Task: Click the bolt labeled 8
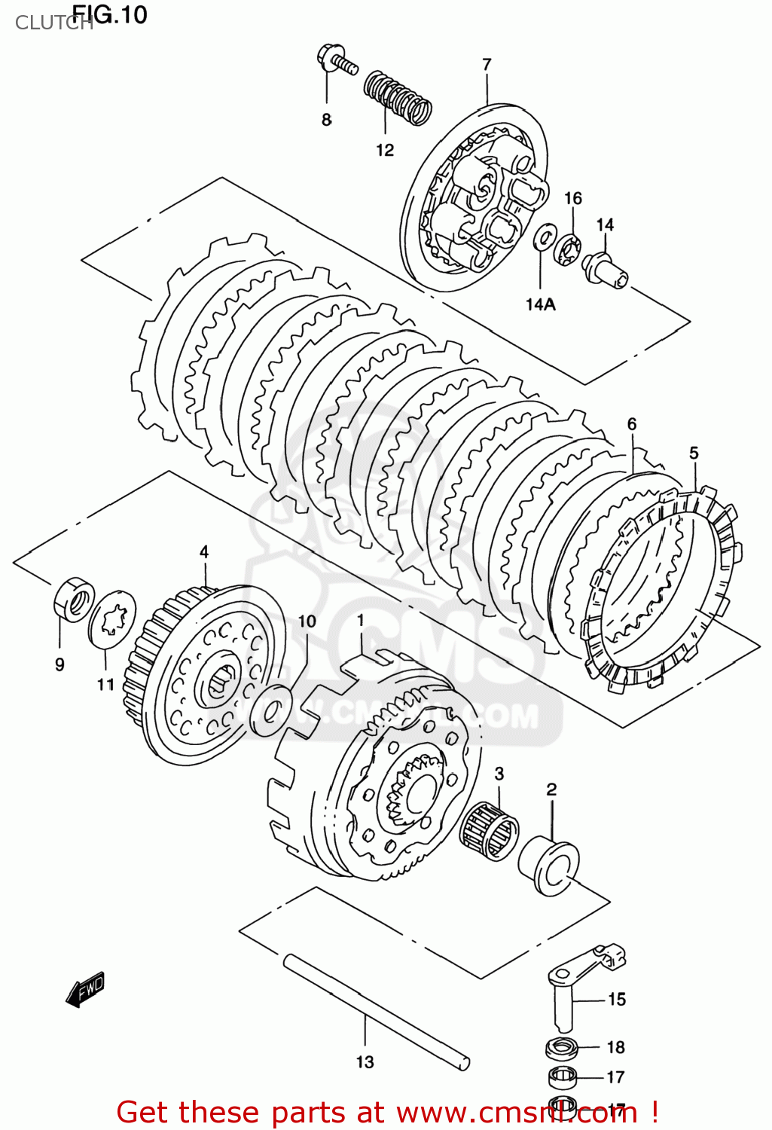coord(336,61)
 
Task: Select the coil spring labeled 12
coord(398,98)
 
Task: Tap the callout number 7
coord(487,65)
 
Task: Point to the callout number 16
coord(573,198)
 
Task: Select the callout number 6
coord(632,424)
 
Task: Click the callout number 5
coord(694,453)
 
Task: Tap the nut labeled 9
coord(73,598)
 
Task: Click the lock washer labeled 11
coord(113,618)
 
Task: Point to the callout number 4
coord(204,552)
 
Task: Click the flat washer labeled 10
coord(270,710)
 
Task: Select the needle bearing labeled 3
coord(490,832)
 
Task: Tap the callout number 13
coord(365,1062)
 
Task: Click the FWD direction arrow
coord(85,990)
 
